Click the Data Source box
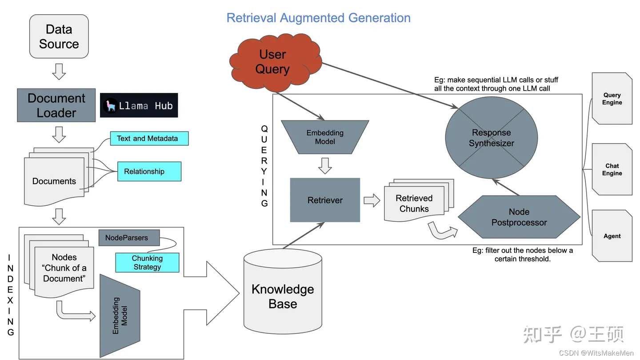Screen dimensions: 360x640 pyautogui.click(x=59, y=36)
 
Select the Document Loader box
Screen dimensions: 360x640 pyautogui.click(x=56, y=105)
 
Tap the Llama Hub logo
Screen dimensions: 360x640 pyautogui.click(x=139, y=105)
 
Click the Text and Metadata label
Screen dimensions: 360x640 pyautogui.click(x=147, y=139)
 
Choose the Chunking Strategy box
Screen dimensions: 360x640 pyautogui.click(x=147, y=263)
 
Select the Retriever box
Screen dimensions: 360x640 pyautogui.click(x=325, y=200)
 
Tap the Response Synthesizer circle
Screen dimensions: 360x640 pyautogui.click(x=491, y=138)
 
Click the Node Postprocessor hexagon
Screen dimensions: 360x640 pyautogui.click(x=519, y=217)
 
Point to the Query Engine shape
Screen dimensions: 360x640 pyautogui.click(x=612, y=99)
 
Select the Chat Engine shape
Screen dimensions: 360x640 pyautogui.click(x=612, y=169)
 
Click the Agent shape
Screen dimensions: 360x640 pyautogui.click(x=612, y=236)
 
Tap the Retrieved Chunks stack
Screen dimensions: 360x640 pyautogui.click(x=415, y=203)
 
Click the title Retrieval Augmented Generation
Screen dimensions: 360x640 pyautogui.click(x=318, y=18)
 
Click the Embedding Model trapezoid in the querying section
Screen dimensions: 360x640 pyautogui.click(x=325, y=137)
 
